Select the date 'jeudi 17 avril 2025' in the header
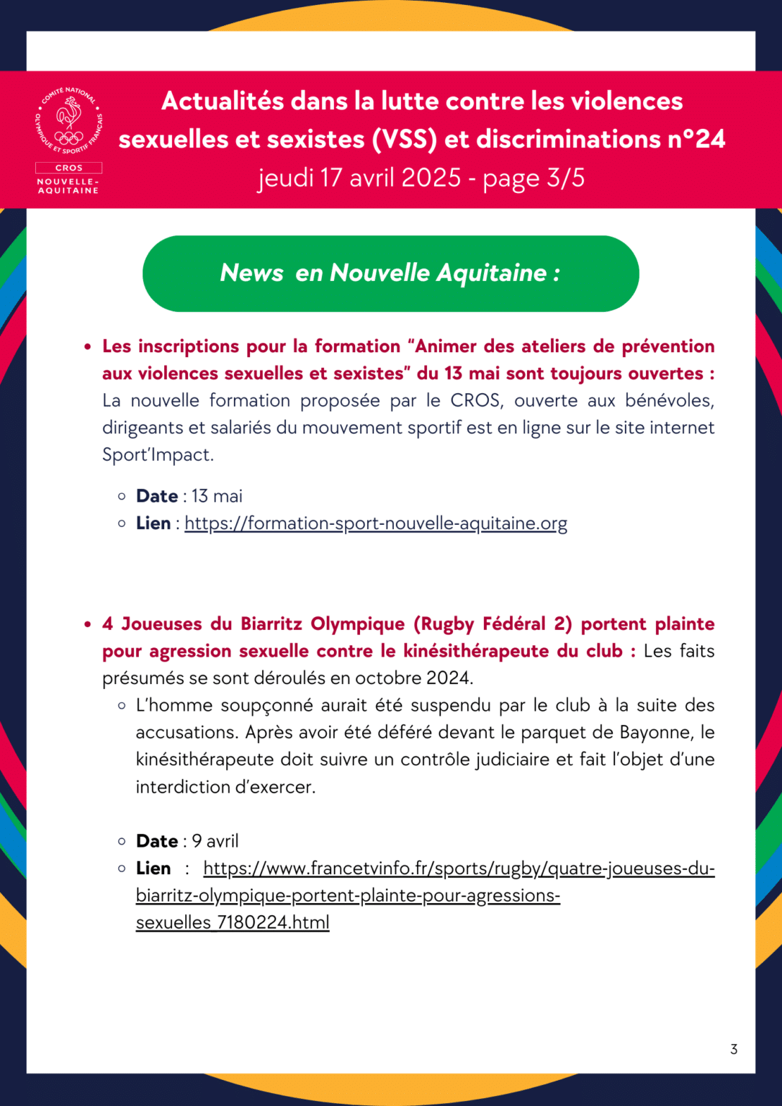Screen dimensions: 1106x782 pyautogui.click(x=359, y=178)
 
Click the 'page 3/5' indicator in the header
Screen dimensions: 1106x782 pyautogui.click(x=534, y=178)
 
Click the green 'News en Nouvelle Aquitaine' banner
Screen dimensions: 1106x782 pyautogui.click(x=390, y=274)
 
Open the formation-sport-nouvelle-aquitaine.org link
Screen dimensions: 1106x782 pyautogui.click(x=375, y=523)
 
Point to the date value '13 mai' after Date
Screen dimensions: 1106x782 pyautogui.click(x=217, y=496)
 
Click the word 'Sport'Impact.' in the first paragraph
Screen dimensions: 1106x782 pyautogui.click(x=158, y=455)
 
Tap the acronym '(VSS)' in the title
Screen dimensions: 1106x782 pyautogui.click(x=405, y=139)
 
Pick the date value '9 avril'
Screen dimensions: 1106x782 pyautogui.click(x=215, y=841)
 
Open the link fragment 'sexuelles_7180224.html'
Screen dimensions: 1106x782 pyautogui.click(x=233, y=922)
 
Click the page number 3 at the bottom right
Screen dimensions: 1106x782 pyautogui.click(x=734, y=1049)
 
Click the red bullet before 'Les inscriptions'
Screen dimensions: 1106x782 pyautogui.click(x=88, y=347)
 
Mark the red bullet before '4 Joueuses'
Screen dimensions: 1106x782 pyautogui.click(x=88, y=624)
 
